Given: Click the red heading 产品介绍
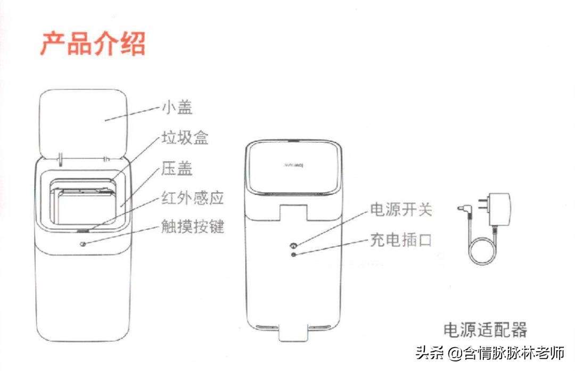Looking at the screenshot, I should tap(93, 44).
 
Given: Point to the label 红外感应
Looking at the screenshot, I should tap(192, 199).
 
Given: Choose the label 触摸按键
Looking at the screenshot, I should tap(192, 227).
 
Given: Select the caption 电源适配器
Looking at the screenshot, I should tap(485, 329).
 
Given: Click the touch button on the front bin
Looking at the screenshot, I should tap(83, 243).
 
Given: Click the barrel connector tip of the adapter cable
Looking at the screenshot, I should tap(462, 209).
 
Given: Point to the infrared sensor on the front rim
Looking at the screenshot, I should tap(83, 231).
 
